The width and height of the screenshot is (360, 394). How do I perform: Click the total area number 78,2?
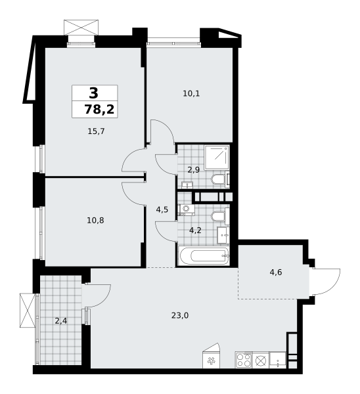tap(100, 109)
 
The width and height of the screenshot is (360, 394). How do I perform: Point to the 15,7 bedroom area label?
tap(96, 131)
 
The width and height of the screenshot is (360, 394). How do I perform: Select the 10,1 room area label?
tap(191, 93)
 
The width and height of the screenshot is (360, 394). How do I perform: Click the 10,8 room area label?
tap(95, 220)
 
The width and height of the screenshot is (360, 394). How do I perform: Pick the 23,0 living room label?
tap(180, 315)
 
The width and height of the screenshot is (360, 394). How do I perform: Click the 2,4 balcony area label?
tap(61, 321)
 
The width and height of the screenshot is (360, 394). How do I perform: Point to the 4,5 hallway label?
tap(162, 210)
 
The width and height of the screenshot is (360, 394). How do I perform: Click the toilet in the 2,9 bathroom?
tap(217, 179)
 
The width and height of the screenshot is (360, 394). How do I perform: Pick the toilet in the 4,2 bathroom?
tap(219, 215)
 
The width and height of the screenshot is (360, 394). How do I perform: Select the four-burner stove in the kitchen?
tap(244, 360)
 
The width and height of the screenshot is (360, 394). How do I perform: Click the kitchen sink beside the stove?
tap(261, 360)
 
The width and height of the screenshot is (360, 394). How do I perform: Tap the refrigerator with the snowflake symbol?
tap(212, 360)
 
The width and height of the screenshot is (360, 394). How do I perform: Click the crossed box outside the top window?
tap(81, 28)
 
